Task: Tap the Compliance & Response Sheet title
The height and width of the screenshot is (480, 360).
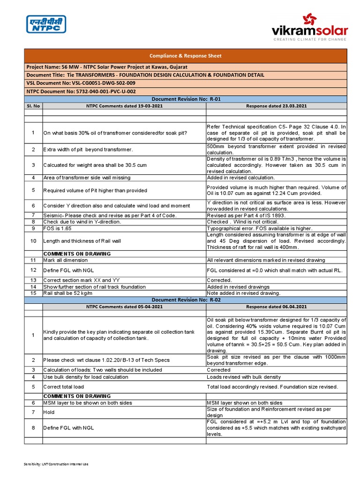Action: [185, 56]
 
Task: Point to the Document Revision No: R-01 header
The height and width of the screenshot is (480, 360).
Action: [185, 99]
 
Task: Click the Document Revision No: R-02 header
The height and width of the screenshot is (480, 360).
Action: [185, 300]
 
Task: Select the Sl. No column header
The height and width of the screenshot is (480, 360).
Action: [33, 106]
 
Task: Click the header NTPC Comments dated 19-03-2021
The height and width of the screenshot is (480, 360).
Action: [124, 106]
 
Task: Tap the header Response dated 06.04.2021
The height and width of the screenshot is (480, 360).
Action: [276, 307]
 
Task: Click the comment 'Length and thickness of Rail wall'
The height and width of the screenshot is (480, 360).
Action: [82, 241]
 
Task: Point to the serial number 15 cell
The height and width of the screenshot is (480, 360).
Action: [33, 293]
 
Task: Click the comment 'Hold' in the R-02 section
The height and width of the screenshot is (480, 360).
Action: [49, 412]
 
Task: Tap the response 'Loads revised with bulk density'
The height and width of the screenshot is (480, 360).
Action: [244, 377]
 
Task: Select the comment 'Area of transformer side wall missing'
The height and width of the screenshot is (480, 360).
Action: [87, 178]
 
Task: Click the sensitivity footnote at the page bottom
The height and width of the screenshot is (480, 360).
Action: [56, 464]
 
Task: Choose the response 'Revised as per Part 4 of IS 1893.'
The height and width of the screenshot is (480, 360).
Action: [246, 215]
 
